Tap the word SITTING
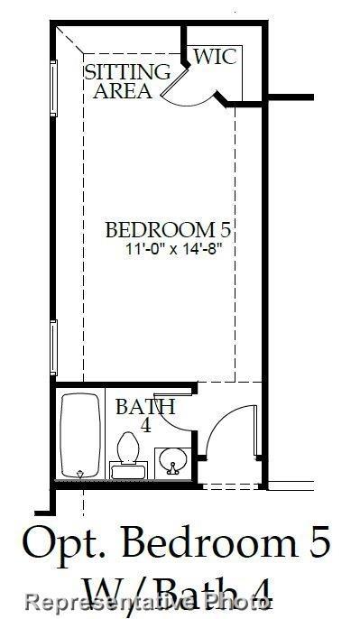point(127,72)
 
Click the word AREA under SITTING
point(123,91)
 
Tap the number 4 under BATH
point(144,425)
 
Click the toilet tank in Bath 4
point(128,470)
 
